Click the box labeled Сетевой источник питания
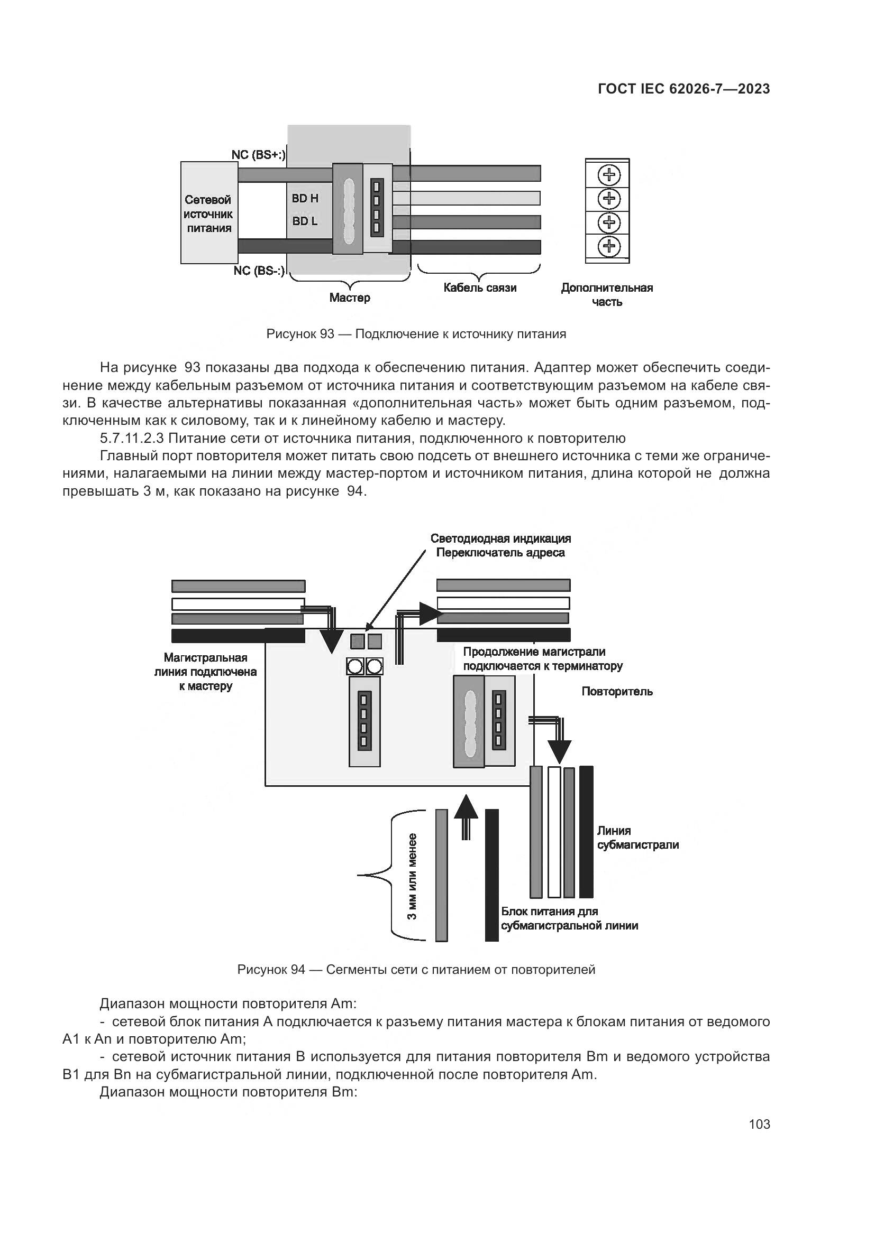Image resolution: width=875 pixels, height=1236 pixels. tap(209, 213)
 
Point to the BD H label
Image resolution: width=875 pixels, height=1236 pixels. tap(305, 199)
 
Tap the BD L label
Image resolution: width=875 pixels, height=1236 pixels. tap(305, 221)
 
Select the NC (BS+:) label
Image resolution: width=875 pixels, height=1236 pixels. tap(259, 155)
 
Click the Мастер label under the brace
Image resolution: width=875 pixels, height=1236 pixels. tap(350, 298)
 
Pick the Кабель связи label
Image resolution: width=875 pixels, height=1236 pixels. tap(479, 288)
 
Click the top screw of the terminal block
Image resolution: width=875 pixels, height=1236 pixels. tap(609, 175)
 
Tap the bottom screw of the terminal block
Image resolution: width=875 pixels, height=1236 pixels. tap(609, 247)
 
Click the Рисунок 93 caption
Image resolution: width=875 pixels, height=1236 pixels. tap(416, 334)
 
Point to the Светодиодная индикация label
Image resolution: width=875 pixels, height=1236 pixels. tap(500, 539)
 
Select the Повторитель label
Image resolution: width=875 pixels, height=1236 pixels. tap(617, 692)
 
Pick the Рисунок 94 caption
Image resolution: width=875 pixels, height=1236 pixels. tap(416, 970)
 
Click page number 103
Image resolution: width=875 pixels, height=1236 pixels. tap(759, 1125)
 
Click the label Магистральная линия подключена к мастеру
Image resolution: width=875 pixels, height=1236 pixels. tap(205, 672)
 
